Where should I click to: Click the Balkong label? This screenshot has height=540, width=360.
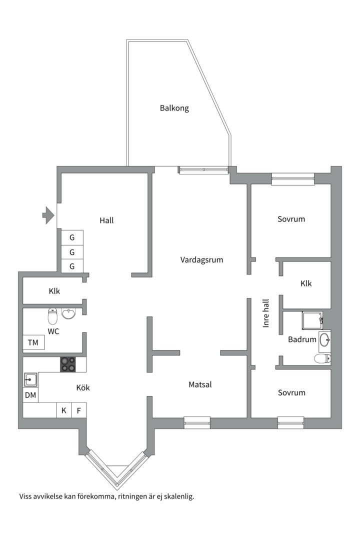click(174, 108)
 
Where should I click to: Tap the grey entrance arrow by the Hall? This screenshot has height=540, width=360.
click(48, 215)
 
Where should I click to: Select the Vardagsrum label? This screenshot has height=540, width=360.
click(201, 260)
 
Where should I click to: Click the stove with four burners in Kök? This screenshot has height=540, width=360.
click(68, 364)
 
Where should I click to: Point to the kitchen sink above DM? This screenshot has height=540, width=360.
click(30, 380)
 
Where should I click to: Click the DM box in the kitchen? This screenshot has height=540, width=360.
click(30, 395)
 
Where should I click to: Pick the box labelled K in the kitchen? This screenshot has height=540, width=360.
click(64, 410)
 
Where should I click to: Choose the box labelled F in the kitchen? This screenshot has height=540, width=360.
click(78, 410)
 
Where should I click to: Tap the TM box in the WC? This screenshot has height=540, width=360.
click(33, 343)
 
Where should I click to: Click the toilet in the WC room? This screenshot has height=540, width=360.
click(53, 316)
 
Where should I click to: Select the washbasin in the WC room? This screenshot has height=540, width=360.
click(68, 313)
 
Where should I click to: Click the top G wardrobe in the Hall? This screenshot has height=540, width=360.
click(72, 237)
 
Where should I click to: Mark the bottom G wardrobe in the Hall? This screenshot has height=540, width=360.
click(72, 266)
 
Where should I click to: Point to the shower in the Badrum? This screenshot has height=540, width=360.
click(312, 320)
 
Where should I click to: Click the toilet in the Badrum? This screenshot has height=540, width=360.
click(321, 358)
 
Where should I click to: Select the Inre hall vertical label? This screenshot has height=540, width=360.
click(266, 313)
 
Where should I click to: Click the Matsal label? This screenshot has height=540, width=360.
click(200, 384)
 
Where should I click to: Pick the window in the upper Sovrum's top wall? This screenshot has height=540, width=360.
click(292, 179)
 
